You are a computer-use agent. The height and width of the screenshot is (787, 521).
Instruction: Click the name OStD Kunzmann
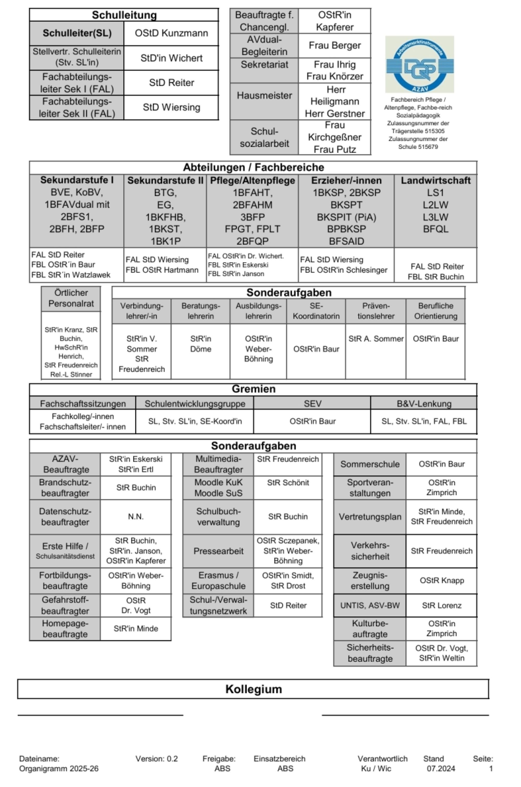[171, 33]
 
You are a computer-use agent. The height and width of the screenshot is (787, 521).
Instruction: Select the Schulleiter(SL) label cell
[77, 33]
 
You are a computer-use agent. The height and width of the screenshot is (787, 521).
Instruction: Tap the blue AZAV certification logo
[419, 64]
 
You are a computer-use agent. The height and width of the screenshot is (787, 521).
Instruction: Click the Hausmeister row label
[264, 96]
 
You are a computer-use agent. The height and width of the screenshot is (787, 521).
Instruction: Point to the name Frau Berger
[334, 46]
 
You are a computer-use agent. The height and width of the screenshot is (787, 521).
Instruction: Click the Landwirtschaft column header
[435, 180]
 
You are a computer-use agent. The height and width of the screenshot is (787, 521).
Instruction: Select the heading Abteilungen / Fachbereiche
[253, 167]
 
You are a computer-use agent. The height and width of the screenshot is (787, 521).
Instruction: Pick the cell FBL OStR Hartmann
[162, 270]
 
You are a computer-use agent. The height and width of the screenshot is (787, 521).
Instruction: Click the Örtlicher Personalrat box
[71, 298]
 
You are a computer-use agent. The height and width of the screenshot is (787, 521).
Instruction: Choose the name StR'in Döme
[200, 344]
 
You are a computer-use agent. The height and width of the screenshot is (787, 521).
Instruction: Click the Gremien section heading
[253, 389]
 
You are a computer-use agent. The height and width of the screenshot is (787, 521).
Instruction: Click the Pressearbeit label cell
[218, 551]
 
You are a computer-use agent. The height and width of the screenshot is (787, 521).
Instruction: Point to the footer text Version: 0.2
[157, 759]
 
